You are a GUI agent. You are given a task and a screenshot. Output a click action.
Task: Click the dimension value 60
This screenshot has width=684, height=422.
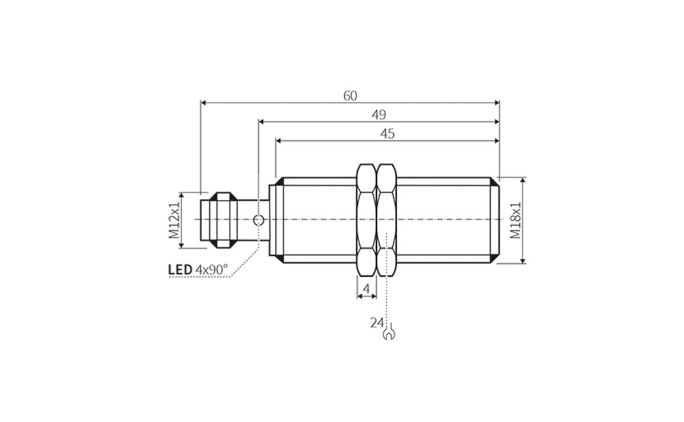(x=350, y=96)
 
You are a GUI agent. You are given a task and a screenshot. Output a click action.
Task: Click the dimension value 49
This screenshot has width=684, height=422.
(x=379, y=114)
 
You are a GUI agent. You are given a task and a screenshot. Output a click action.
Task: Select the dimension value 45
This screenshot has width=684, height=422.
(x=388, y=133)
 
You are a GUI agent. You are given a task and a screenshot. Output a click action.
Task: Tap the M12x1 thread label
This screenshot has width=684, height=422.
(x=174, y=220)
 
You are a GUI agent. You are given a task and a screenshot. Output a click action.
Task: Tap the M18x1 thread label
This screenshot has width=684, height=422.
(x=515, y=220)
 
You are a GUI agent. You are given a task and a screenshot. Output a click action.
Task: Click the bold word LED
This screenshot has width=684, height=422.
(x=180, y=269)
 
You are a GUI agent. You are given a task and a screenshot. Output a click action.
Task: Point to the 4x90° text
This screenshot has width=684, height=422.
(x=211, y=269)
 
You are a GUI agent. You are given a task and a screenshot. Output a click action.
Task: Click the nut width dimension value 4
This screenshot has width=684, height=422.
(x=367, y=289)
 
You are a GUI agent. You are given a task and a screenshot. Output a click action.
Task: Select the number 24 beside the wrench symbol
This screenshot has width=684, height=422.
(x=376, y=323)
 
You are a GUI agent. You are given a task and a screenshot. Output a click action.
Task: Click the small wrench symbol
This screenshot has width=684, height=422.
(x=390, y=331)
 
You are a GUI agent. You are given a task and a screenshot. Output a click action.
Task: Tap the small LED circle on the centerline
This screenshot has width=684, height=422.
(x=258, y=219)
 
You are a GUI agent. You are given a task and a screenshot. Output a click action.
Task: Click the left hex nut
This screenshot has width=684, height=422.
(x=367, y=220)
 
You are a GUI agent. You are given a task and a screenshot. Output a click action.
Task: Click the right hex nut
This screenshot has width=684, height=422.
(x=387, y=220)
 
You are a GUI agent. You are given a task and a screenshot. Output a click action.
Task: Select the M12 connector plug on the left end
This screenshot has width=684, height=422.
(x=219, y=220)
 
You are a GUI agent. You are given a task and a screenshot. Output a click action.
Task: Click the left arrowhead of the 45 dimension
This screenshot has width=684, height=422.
(x=279, y=140)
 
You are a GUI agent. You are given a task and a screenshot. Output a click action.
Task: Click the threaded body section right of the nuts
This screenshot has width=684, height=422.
(x=445, y=220)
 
